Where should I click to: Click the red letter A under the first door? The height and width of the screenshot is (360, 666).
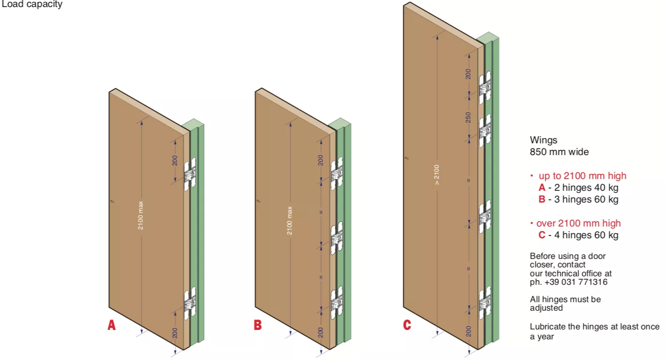(x=111, y=325)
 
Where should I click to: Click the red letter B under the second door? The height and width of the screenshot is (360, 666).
(x=258, y=325)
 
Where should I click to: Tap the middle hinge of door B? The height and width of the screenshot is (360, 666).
(x=337, y=238)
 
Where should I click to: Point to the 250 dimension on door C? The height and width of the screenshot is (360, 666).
(x=468, y=117)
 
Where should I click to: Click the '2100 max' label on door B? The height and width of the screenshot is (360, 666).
(x=290, y=220)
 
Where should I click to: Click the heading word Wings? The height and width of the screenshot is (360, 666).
(x=543, y=140)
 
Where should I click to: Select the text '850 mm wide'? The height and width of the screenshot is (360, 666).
(x=559, y=152)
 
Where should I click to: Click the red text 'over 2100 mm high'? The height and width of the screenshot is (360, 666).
(x=578, y=223)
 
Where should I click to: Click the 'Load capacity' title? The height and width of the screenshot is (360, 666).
(x=31, y=5)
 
